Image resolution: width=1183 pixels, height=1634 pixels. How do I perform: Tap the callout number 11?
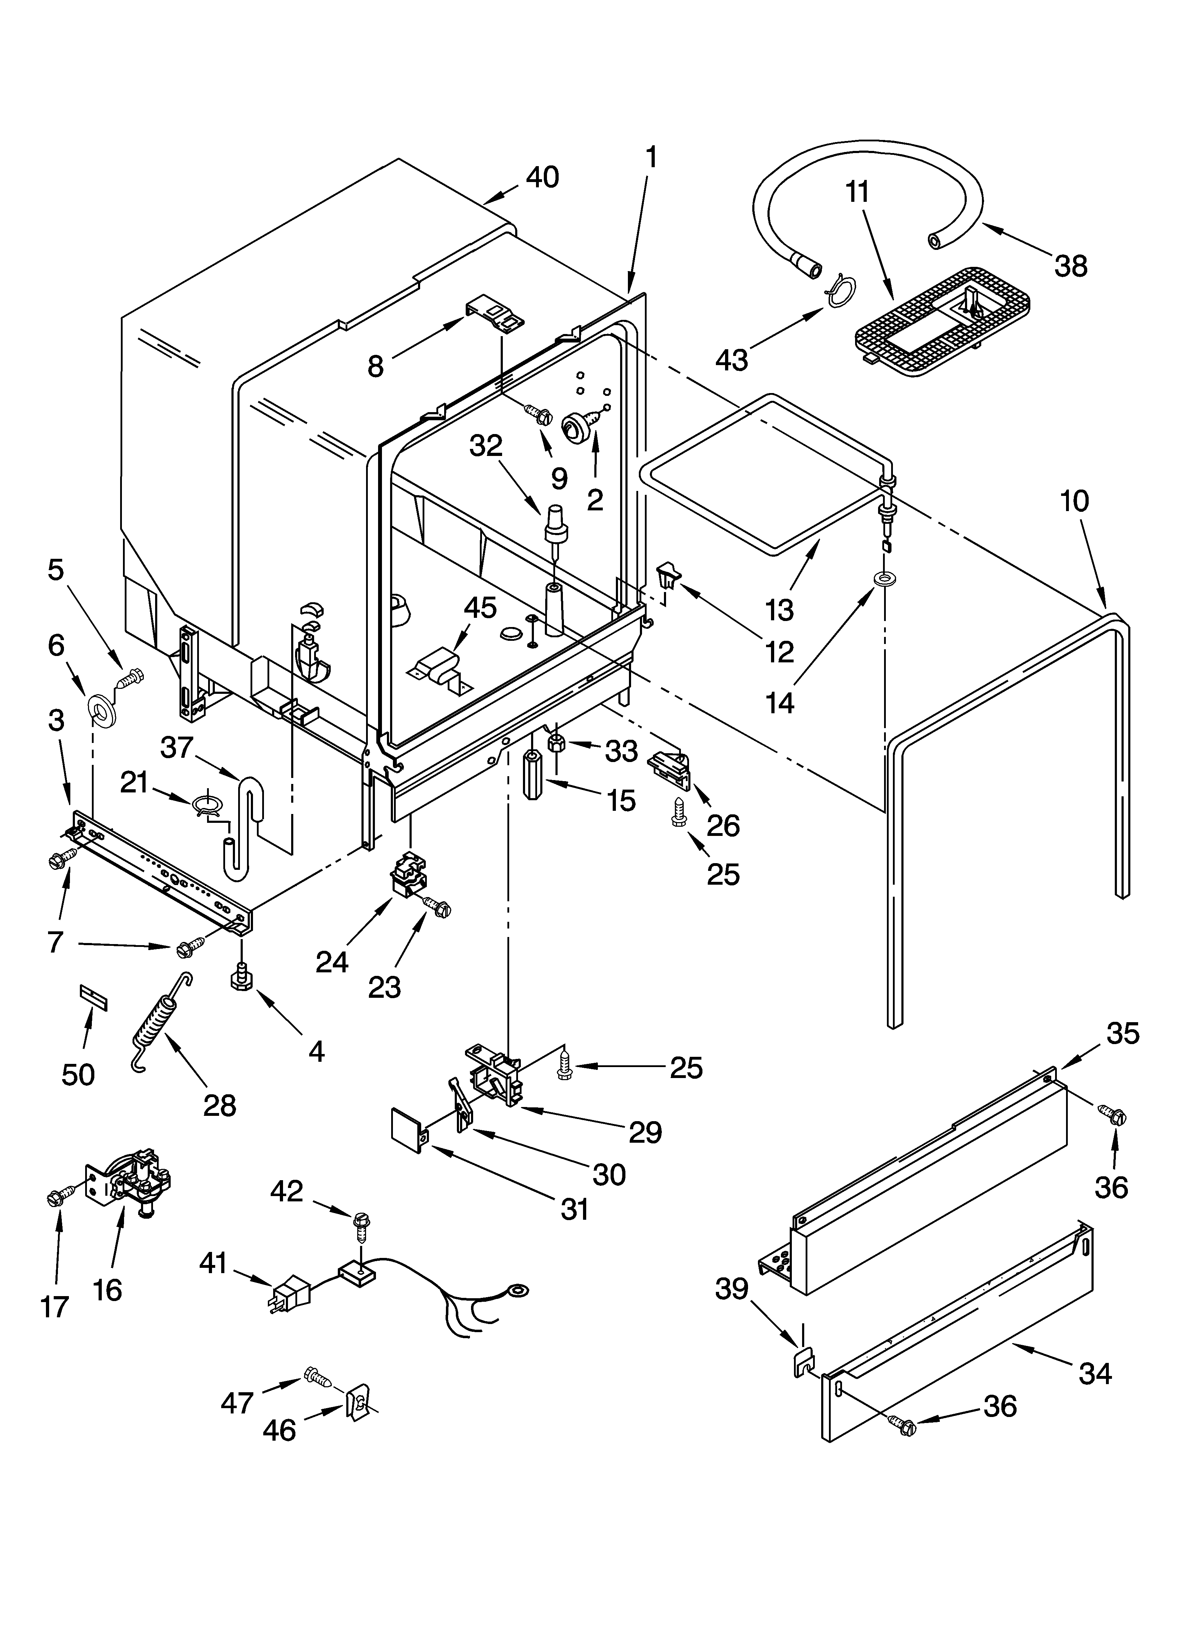(857, 192)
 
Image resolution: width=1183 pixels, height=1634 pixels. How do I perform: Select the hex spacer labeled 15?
(532, 775)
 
